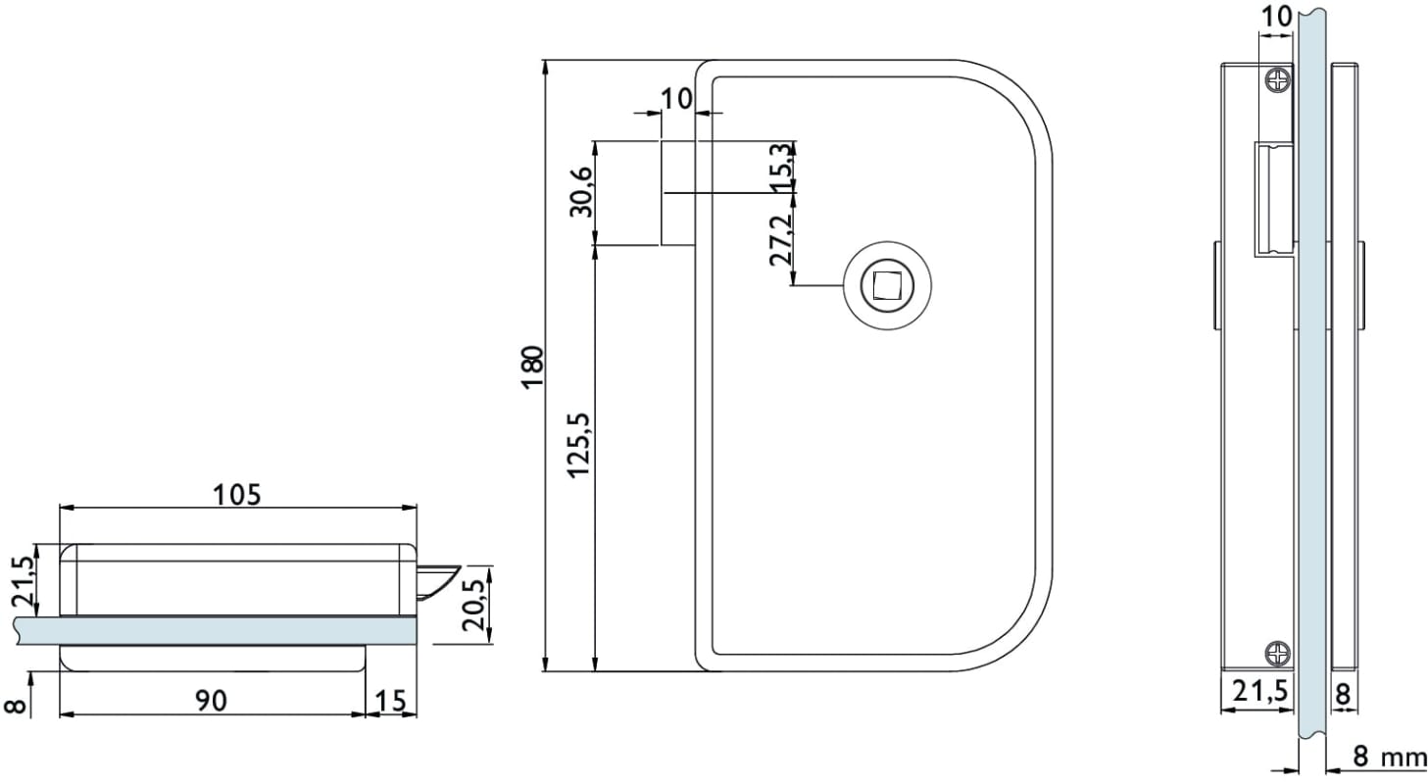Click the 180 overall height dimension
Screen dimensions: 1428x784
(x=532, y=367)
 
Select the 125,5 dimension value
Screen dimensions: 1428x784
(x=579, y=446)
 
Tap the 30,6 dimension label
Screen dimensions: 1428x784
(x=581, y=192)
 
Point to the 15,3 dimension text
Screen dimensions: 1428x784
(x=781, y=167)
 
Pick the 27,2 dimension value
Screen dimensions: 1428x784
(x=781, y=240)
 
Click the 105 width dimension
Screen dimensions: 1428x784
(x=236, y=495)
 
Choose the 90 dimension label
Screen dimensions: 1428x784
(x=211, y=701)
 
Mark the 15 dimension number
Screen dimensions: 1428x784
(x=391, y=701)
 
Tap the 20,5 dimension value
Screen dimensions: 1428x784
(x=473, y=605)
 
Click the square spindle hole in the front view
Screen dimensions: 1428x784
(x=887, y=285)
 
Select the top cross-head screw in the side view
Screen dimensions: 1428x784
(x=1278, y=80)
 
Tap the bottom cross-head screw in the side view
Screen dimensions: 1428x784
(x=1278, y=654)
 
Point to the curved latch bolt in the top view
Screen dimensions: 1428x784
(x=436, y=582)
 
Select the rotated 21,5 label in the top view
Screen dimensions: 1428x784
(x=23, y=581)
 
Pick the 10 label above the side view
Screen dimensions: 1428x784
(x=1276, y=18)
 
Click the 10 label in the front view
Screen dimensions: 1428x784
(x=675, y=99)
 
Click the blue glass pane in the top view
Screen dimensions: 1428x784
(x=217, y=630)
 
